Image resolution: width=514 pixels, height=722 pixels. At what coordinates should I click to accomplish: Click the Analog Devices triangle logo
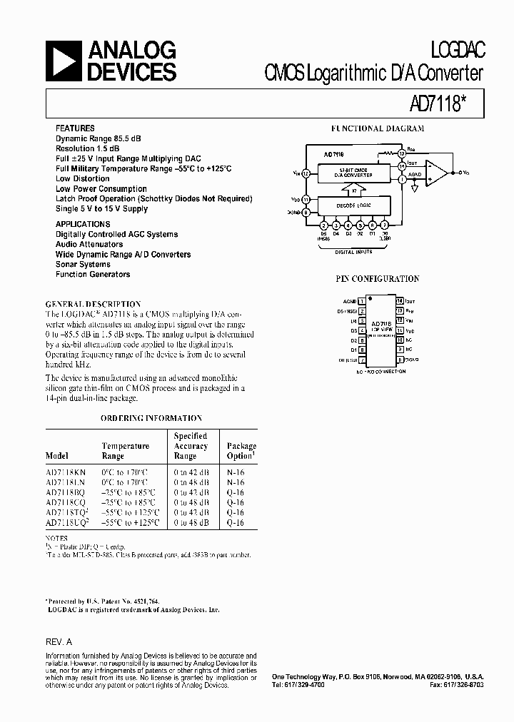point(64,60)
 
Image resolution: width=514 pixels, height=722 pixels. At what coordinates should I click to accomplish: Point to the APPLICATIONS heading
point(83,224)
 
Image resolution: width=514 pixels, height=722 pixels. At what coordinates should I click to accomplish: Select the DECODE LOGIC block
point(354,205)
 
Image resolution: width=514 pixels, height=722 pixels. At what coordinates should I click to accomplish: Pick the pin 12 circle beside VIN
point(306,173)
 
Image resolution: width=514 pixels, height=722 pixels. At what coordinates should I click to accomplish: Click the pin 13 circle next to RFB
point(402,153)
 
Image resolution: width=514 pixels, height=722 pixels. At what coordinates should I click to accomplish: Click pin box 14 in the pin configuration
point(400,302)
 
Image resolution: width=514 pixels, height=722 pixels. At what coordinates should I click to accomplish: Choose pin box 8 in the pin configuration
point(400,360)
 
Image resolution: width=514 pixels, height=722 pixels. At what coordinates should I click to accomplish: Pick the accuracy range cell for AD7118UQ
point(191,523)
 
